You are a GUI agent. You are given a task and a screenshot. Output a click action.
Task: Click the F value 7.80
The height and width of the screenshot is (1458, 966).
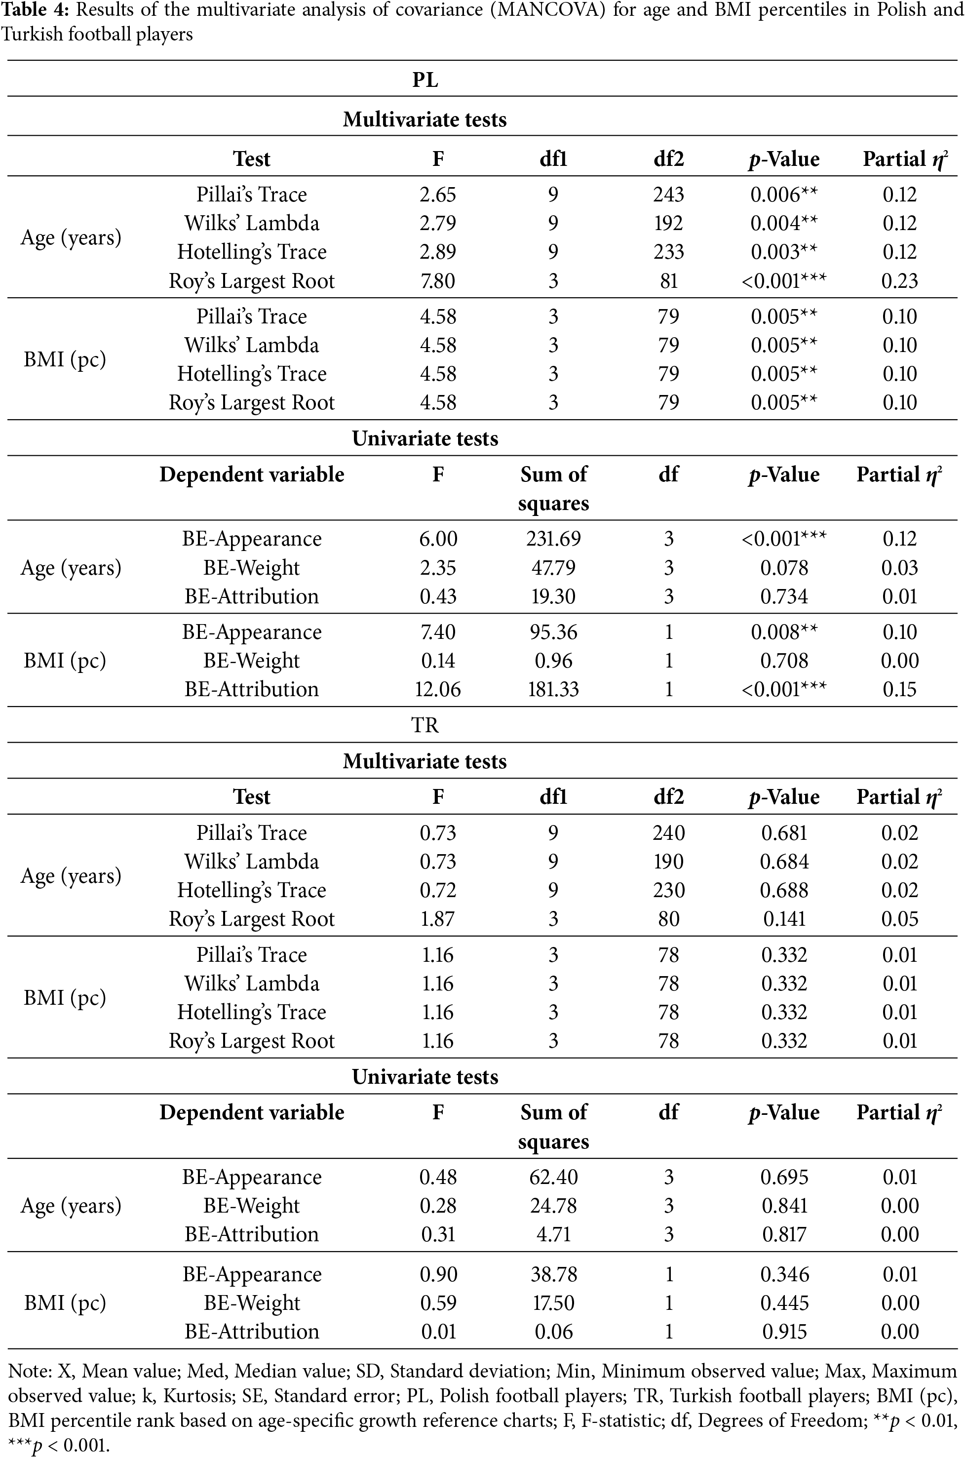pyautogui.click(x=437, y=281)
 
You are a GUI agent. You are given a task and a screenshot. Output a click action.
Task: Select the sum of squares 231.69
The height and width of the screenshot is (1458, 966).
pyautogui.click(x=553, y=539)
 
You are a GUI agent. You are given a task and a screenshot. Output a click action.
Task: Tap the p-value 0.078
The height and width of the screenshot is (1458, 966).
pyautogui.click(x=784, y=567)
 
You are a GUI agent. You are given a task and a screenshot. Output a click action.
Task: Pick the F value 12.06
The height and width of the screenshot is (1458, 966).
pyautogui.click(x=437, y=689)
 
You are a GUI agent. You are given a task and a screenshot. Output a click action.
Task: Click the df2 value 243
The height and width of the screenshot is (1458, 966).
pyautogui.click(x=668, y=195)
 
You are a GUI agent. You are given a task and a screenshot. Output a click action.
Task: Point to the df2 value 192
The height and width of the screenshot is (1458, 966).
pyautogui.click(x=668, y=223)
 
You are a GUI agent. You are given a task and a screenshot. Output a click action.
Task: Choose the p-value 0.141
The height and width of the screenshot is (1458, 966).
pyautogui.click(x=784, y=919)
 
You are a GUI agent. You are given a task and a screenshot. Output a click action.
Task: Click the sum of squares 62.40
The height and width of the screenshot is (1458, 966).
pyautogui.click(x=553, y=1177)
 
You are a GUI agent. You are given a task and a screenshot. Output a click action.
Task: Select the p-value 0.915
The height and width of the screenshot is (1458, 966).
pyautogui.click(x=784, y=1332)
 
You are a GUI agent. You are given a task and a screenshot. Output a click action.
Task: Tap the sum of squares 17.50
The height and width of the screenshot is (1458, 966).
pyautogui.click(x=553, y=1302)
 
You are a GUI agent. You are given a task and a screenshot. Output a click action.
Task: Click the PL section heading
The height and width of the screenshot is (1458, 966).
pyautogui.click(x=425, y=80)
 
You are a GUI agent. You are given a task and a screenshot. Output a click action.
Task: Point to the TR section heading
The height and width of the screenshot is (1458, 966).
pyautogui.click(x=425, y=725)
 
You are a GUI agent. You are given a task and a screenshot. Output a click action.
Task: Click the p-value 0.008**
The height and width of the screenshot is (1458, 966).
pyautogui.click(x=784, y=632)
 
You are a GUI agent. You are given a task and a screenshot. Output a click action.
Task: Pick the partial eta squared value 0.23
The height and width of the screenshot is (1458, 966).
pyautogui.click(x=899, y=281)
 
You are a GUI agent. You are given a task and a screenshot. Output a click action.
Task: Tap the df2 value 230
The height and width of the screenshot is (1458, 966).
pyautogui.click(x=668, y=891)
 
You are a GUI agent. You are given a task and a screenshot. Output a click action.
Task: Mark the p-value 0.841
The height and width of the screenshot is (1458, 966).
pyautogui.click(x=784, y=1206)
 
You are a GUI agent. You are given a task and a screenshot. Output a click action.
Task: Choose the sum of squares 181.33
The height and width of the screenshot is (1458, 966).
pyautogui.click(x=553, y=689)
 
